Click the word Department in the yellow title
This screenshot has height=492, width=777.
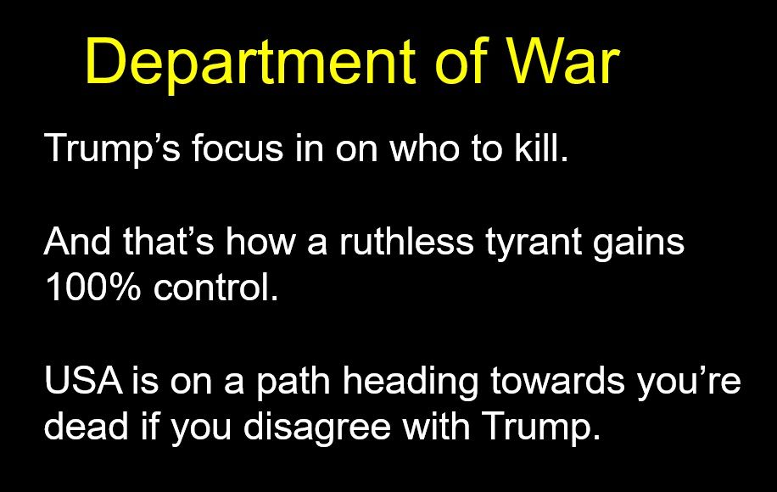(250, 63)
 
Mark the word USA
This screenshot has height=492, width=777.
(84, 380)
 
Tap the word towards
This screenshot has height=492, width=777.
(557, 380)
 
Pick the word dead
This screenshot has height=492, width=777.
(87, 426)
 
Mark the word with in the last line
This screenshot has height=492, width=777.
(437, 426)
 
